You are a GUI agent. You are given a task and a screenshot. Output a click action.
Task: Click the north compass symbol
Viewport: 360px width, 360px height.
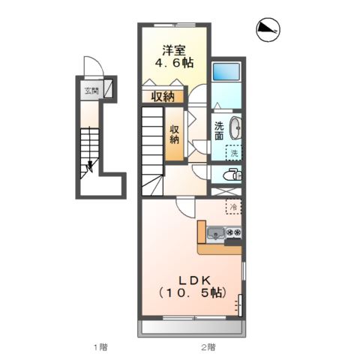coord(268,29)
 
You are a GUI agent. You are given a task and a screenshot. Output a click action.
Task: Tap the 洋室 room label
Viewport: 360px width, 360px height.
coord(174,50)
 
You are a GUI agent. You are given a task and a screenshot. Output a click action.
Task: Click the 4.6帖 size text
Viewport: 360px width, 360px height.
coord(174,63)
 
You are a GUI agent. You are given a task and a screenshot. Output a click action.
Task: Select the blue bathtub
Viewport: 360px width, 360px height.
coord(226,71)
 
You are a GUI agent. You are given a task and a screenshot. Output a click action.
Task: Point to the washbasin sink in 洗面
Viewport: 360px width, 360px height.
coord(235,127)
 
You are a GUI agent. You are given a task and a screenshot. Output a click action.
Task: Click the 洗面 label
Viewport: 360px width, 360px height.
coord(219,130)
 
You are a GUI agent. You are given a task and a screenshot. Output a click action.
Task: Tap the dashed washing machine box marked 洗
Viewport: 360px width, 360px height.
coord(234,153)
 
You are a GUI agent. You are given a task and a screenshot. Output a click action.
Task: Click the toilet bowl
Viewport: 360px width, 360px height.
coord(232,175)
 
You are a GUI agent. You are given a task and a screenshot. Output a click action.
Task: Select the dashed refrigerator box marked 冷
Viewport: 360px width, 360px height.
coord(234,207)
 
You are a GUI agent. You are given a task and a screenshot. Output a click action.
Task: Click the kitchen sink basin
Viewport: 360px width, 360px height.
coord(216,233)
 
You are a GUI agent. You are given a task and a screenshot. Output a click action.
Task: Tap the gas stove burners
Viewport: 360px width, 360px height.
coord(234,232)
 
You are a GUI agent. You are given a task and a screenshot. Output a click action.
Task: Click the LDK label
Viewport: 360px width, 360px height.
coord(194,280)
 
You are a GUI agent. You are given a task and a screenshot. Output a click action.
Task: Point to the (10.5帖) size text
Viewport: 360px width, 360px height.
coord(193,292)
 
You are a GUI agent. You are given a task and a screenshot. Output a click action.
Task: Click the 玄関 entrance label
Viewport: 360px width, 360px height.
coord(91,91)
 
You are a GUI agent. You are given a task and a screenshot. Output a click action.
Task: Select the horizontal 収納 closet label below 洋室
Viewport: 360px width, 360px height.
coord(163,97)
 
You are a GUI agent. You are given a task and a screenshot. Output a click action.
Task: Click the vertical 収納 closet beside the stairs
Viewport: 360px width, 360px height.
coord(175,134)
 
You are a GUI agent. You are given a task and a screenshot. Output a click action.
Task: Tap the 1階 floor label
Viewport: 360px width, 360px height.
coord(100,347)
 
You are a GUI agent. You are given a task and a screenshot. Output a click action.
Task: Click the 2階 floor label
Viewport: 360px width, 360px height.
coord(208,347)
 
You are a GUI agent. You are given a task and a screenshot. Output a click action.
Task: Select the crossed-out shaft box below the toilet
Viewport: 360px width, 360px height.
coord(226,192)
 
